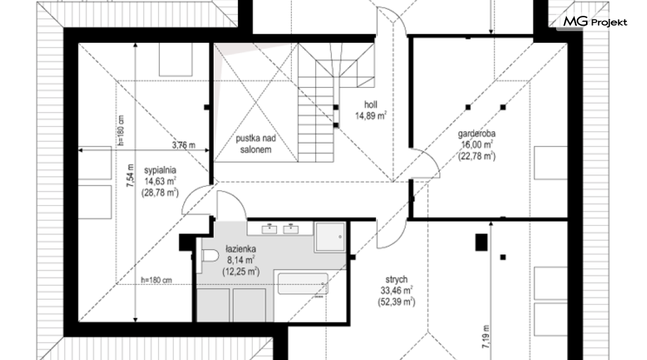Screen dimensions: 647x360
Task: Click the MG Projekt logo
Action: pyautogui.click(x=595, y=21)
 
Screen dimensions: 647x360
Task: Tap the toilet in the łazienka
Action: pyautogui.click(x=210, y=256)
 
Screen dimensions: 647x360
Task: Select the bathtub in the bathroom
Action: pyautogui.click(x=303, y=283)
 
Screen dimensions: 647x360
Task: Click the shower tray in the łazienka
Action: pyautogui.click(x=330, y=237)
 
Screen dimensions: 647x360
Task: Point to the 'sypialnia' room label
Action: pyautogui.click(x=160, y=170)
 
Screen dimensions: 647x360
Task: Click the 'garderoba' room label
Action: pyautogui.click(x=477, y=134)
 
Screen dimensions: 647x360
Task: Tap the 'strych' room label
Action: pyautogui.click(x=397, y=279)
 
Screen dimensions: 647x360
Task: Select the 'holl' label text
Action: pyautogui.click(x=370, y=105)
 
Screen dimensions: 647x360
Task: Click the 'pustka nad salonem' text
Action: pyautogui.click(x=256, y=144)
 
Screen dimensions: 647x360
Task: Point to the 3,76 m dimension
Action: pyautogui.click(x=184, y=145)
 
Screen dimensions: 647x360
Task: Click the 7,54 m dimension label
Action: pyautogui.click(x=131, y=176)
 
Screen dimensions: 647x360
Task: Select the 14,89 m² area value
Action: pyautogui.click(x=371, y=116)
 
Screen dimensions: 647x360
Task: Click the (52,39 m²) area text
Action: pyautogui.click(x=396, y=302)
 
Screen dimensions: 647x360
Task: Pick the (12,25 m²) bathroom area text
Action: pyautogui.click(x=240, y=272)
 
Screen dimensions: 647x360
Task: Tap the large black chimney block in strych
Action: pyautogui.click(x=481, y=242)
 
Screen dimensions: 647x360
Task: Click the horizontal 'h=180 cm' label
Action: pyautogui.click(x=156, y=281)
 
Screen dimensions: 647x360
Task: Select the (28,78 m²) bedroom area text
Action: pyautogui.click(x=160, y=192)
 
